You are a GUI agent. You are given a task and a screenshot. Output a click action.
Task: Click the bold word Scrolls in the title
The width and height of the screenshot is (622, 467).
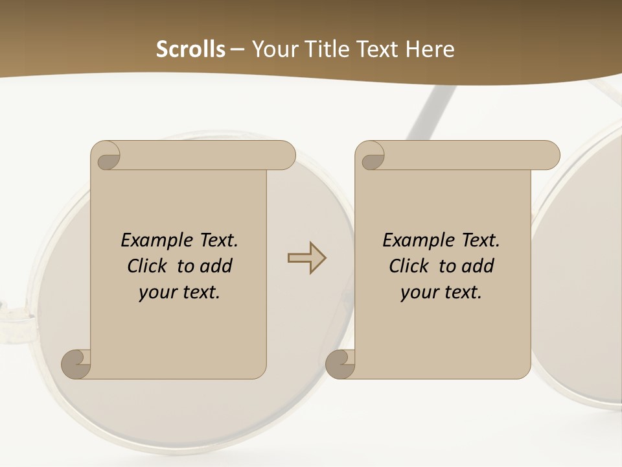tap(190, 49)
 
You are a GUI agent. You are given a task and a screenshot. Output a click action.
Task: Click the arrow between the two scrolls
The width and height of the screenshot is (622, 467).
tap(306, 258)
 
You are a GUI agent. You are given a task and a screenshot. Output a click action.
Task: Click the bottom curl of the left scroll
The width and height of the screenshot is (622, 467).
tap(75, 364)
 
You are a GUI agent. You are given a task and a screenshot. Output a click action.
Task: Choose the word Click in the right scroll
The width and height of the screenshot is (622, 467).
tap(409, 266)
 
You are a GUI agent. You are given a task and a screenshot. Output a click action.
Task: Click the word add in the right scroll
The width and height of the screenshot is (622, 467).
tap(478, 266)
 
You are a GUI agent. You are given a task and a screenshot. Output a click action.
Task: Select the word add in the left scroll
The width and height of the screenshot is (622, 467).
tap(216, 266)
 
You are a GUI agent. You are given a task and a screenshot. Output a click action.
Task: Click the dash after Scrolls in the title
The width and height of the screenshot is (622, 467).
tap(237, 50)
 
